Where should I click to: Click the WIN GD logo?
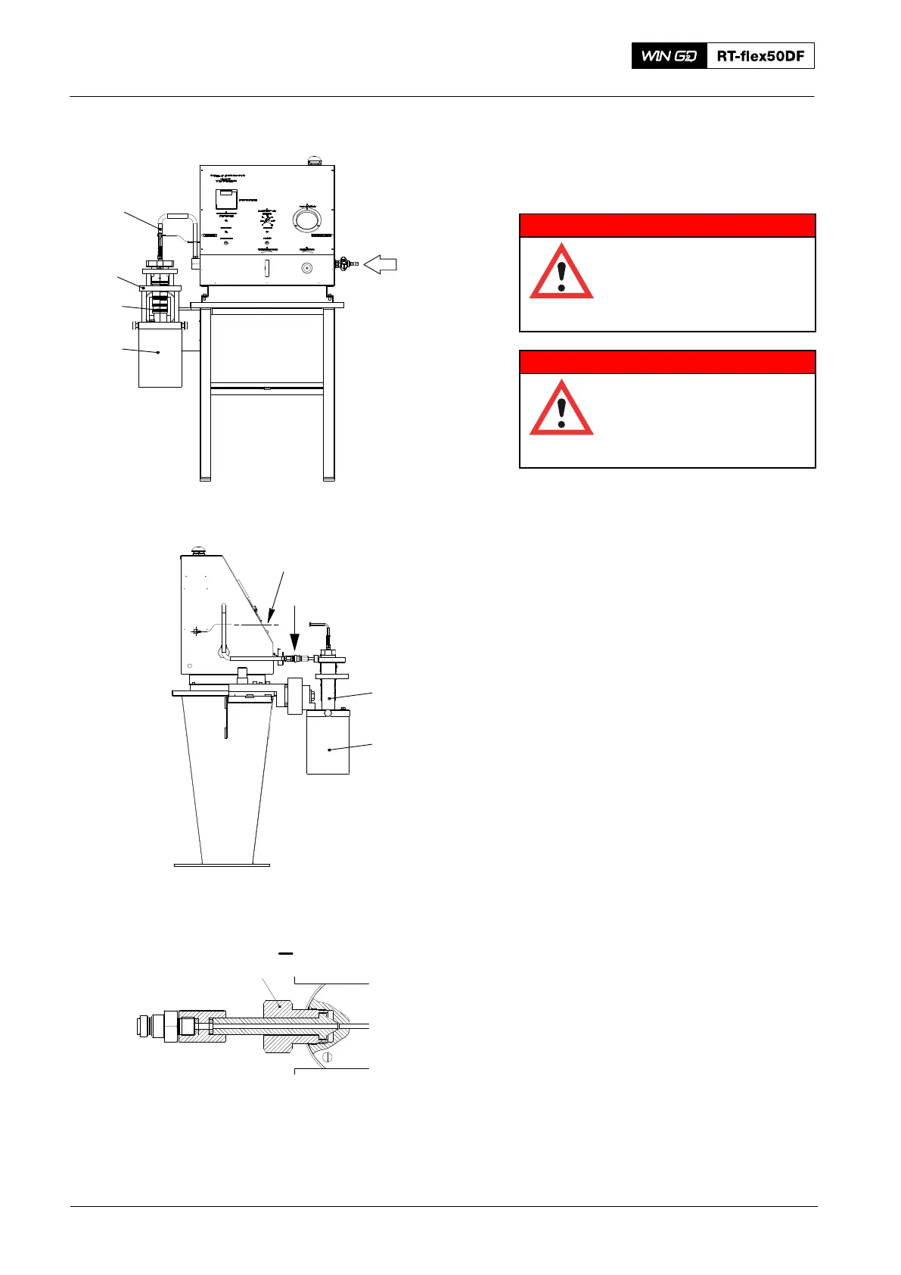[x=670, y=56]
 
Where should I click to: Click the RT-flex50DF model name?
[x=760, y=56]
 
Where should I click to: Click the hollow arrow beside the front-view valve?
[x=381, y=264]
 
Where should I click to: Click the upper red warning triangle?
[x=561, y=273]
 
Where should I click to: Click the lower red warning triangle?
[x=561, y=409]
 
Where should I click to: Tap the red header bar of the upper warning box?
[x=667, y=226]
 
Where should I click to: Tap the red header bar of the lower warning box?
[x=667, y=362]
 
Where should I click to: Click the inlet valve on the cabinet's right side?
[x=345, y=264]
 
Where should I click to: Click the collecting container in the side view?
[x=328, y=745]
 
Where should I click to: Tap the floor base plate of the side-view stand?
[x=222, y=865]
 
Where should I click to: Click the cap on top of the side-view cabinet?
[x=200, y=552]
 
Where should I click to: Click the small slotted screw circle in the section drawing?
[x=327, y=1057]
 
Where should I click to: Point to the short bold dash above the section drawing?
[x=285, y=954]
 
